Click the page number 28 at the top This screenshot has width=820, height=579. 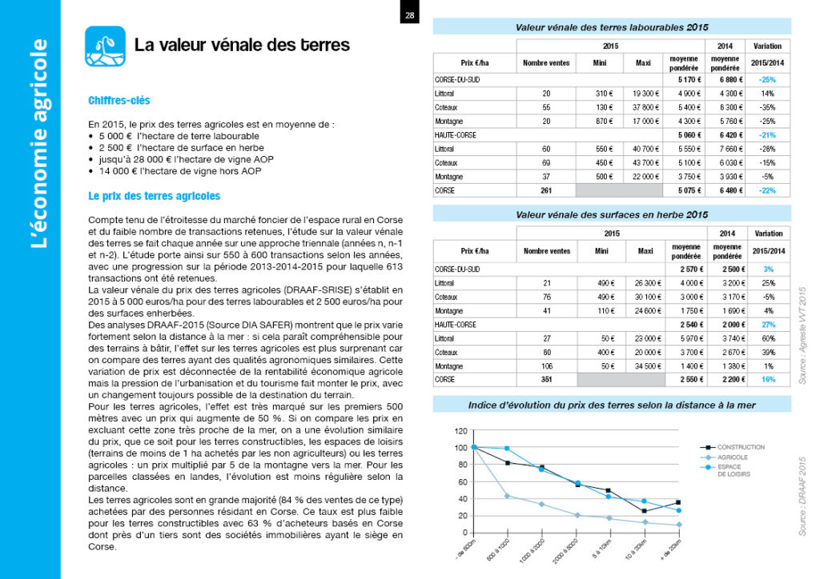409,15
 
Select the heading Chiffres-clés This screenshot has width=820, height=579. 119,101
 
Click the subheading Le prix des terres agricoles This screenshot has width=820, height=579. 155,196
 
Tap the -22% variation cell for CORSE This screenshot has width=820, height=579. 768,191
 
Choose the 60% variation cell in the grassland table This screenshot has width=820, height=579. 768,337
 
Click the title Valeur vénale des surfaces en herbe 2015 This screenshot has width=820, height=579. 611,214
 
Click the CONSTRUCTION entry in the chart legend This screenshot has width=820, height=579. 740,447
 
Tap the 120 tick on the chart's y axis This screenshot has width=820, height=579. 460,432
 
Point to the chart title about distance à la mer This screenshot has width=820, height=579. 611,405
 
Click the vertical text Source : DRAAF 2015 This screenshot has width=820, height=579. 802,496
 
